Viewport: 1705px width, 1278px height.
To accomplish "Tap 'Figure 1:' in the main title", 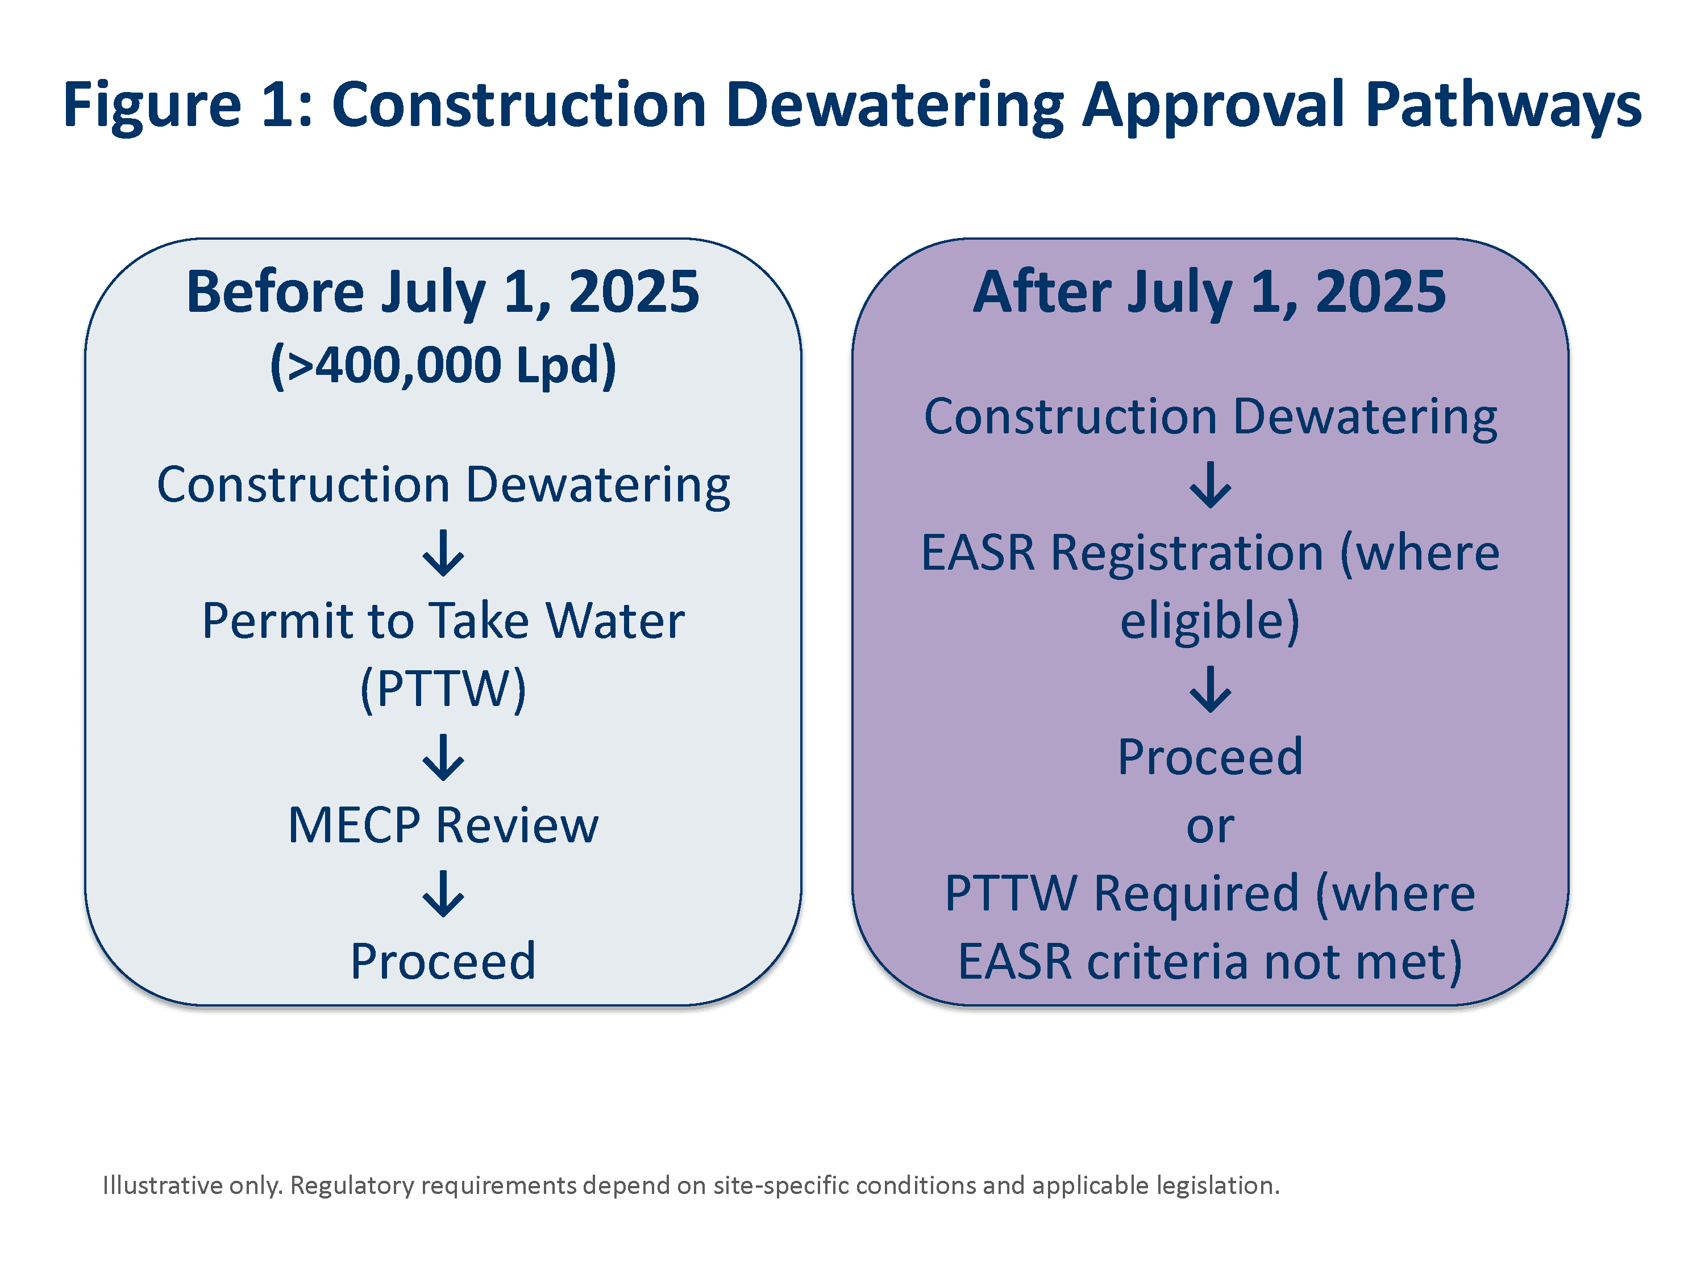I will click(x=188, y=106).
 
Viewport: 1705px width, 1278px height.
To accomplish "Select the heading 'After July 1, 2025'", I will click(x=1209, y=292).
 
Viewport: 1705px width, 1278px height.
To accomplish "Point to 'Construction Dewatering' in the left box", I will click(x=443, y=485).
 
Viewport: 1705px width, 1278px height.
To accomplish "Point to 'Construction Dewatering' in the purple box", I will click(x=1210, y=417).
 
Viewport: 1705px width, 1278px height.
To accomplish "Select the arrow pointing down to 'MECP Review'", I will click(x=443, y=757).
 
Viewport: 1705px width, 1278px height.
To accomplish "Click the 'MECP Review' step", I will click(x=443, y=825).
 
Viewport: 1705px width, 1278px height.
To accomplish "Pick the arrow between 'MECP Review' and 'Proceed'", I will click(x=443, y=893).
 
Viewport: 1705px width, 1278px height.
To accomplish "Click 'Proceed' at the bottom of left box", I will click(x=443, y=962).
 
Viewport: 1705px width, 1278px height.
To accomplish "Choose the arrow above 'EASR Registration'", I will click(x=1210, y=485).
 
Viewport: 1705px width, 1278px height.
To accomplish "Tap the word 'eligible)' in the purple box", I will click(x=1210, y=621).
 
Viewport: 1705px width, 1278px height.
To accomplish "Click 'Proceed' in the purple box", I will click(x=1210, y=757).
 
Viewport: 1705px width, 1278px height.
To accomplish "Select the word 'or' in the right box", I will click(x=1210, y=826).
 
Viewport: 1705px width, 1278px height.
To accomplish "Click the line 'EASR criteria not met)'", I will click(x=1210, y=962).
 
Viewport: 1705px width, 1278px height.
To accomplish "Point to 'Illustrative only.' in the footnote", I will click(x=193, y=1185).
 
